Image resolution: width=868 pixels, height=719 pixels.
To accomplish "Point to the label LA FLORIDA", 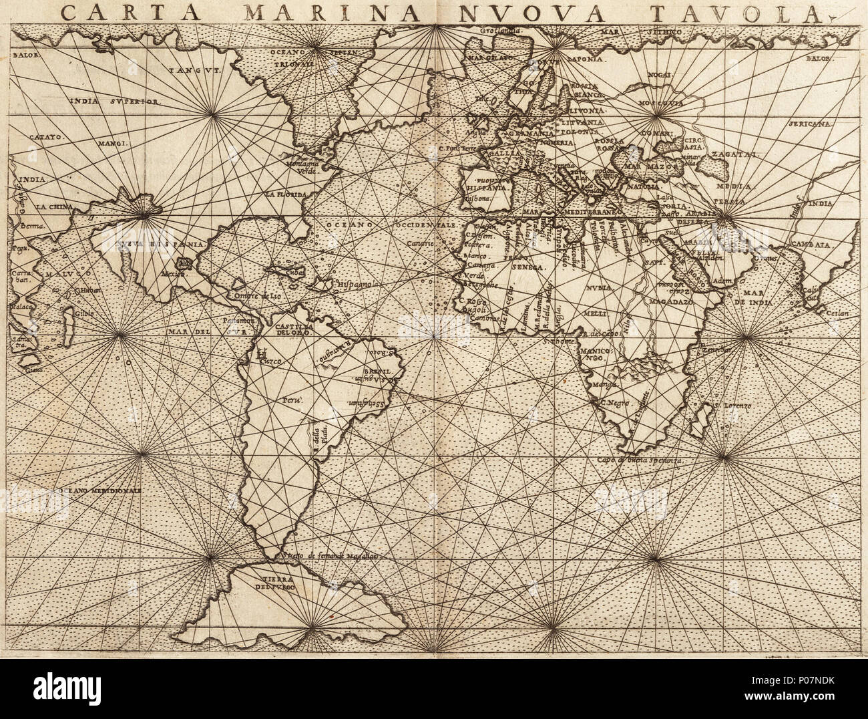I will [x=284, y=194].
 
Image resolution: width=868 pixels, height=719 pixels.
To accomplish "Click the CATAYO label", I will [x=45, y=136].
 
